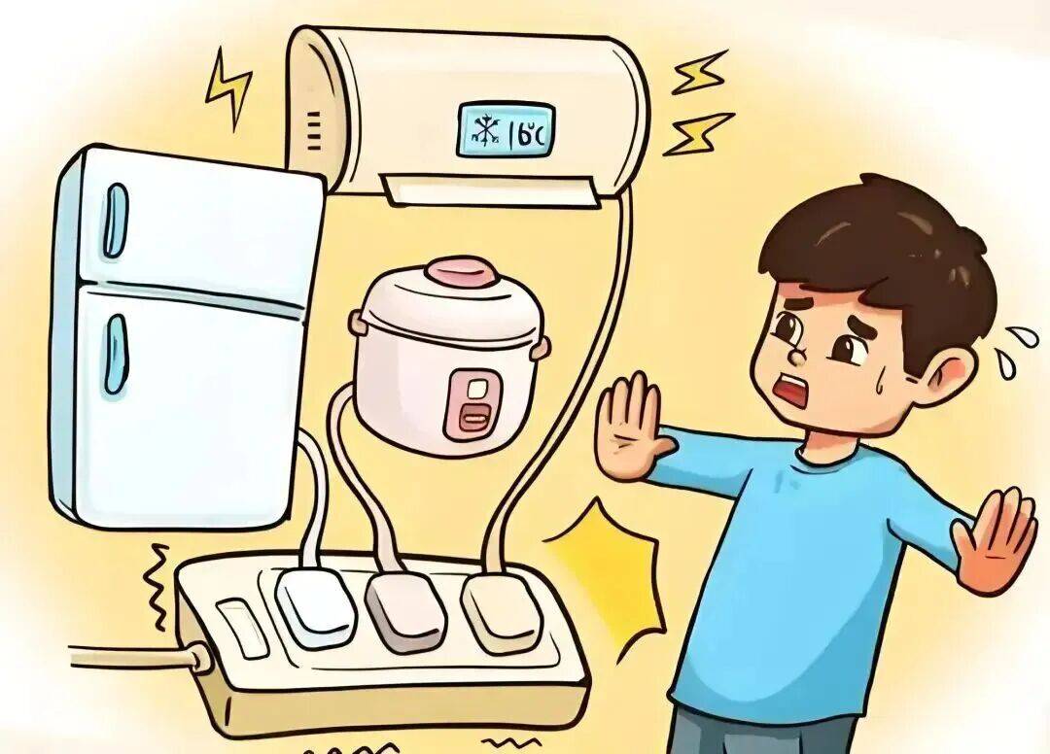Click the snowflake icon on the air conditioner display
[x=484, y=131]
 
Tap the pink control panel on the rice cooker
[x=476, y=401]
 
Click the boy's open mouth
[x=794, y=392]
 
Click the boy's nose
[x=796, y=355]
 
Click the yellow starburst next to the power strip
[x=608, y=574]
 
